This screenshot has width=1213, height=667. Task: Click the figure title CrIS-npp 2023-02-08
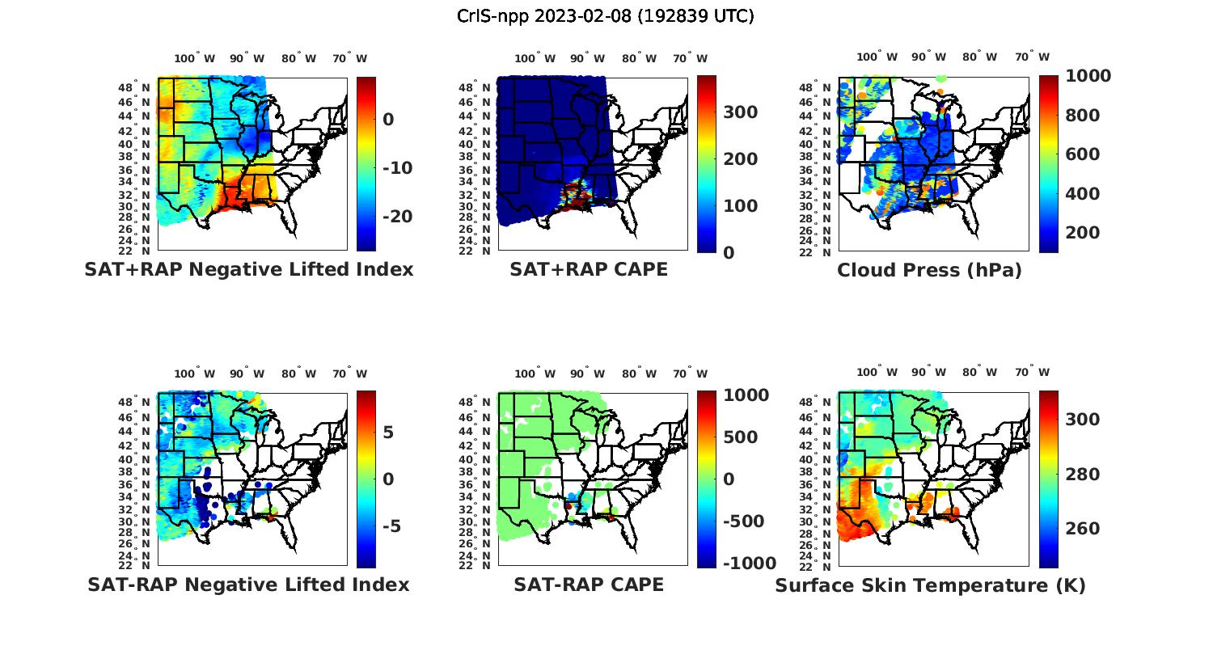click(605, 16)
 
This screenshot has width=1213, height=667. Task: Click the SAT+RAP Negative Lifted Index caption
click(249, 270)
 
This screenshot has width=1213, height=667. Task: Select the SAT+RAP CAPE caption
click(589, 270)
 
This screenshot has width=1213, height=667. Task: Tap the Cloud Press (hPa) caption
click(929, 270)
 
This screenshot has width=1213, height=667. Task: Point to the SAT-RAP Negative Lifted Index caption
click(248, 585)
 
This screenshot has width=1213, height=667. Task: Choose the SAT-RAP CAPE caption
click(589, 585)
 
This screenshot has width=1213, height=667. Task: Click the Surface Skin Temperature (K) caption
click(930, 585)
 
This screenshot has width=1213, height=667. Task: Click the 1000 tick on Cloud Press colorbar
click(1088, 76)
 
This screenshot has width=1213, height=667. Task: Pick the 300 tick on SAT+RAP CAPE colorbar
click(740, 112)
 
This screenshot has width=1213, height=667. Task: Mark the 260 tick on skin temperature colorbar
click(1084, 529)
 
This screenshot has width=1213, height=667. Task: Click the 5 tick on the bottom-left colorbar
click(388, 433)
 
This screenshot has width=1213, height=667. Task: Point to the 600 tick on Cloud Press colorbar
click(1082, 154)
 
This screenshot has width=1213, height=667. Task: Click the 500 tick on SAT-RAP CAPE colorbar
click(740, 437)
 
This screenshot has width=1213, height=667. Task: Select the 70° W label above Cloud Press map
click(1032, 57)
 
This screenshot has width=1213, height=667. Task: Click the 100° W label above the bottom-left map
click(195, 374)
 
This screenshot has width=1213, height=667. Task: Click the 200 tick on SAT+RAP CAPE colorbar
click(740, 159)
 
